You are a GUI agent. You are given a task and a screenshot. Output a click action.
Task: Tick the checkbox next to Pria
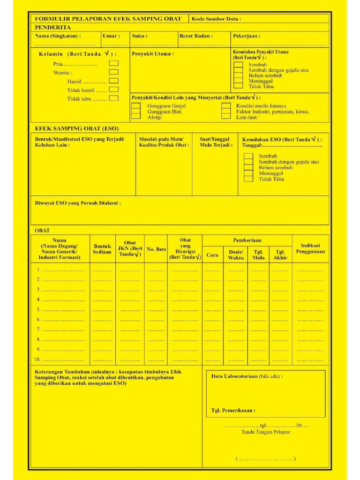tap(113, 63)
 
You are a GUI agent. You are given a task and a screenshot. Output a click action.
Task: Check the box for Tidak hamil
tap(113, 90)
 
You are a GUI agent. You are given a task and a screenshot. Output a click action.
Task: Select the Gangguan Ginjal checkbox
tap(135, 106)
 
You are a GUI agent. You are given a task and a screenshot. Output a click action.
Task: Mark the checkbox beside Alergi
tap(135, 117)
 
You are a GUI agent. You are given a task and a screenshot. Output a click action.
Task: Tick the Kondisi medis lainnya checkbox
tap(226, 106)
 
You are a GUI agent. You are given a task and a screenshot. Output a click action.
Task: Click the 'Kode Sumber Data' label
tap(216, 19)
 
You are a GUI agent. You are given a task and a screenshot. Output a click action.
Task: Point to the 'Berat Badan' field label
tap(196, 36)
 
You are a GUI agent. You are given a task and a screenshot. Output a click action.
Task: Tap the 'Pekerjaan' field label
tap(247, 36)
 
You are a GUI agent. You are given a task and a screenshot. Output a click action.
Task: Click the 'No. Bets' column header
tap(156, 249)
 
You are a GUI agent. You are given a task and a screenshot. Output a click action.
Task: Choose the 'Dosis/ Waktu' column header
tap(235, 255)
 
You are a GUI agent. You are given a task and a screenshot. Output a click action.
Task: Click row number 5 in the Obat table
tap(39, 309)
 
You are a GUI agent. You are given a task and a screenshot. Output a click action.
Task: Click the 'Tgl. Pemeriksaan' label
tap(233, 410)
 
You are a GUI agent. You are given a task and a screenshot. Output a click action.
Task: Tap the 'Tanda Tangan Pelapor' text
tap(265, 432)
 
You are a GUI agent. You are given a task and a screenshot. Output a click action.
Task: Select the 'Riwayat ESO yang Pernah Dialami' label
tap(78, 203)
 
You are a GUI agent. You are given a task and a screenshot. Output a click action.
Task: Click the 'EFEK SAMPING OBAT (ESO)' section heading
tap(77, 128)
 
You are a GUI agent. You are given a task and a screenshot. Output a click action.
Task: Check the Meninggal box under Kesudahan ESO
tap(248, 173)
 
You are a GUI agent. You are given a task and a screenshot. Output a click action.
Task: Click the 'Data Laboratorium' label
tap(247, 376)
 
